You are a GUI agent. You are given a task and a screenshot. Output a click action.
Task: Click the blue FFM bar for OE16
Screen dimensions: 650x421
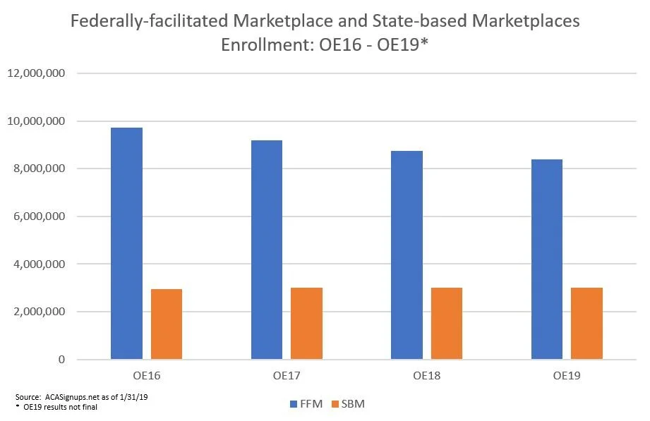126,243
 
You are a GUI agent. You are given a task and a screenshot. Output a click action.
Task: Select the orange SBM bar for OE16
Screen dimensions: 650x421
167,324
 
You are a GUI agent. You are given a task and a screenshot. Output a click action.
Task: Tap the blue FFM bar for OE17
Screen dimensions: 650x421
267,250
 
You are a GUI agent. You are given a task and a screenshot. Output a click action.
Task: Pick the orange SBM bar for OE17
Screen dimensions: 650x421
306,323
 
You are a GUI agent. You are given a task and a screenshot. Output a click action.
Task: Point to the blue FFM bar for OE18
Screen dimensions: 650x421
407,255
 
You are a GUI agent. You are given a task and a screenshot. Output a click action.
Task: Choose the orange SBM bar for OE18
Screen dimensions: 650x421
447,323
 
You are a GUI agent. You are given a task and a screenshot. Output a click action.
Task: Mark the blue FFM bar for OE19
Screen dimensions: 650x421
547,260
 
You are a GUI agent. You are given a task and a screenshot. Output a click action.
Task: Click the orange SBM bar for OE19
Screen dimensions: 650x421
586,323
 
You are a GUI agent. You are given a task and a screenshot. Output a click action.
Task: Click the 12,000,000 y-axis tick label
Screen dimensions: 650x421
36,73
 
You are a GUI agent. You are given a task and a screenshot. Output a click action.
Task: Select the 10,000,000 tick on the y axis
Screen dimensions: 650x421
36,121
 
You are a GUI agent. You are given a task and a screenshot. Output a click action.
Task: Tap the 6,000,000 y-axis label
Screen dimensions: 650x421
40,216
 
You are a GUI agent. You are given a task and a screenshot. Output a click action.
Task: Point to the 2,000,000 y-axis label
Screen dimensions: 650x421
40,312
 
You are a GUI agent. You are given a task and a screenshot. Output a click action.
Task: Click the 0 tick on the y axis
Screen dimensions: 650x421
61,359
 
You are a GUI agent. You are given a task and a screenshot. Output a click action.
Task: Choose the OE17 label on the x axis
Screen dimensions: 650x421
287,376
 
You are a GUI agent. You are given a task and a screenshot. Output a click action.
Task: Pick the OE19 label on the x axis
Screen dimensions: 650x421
567,376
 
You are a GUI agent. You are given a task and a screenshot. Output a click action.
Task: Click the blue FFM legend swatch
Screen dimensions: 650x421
294,404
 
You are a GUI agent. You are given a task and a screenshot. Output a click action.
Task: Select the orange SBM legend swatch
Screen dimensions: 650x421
335,404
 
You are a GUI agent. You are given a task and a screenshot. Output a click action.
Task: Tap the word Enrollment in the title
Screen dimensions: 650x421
267,44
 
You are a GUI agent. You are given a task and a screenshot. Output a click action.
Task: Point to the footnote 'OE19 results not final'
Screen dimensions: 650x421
60,408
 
